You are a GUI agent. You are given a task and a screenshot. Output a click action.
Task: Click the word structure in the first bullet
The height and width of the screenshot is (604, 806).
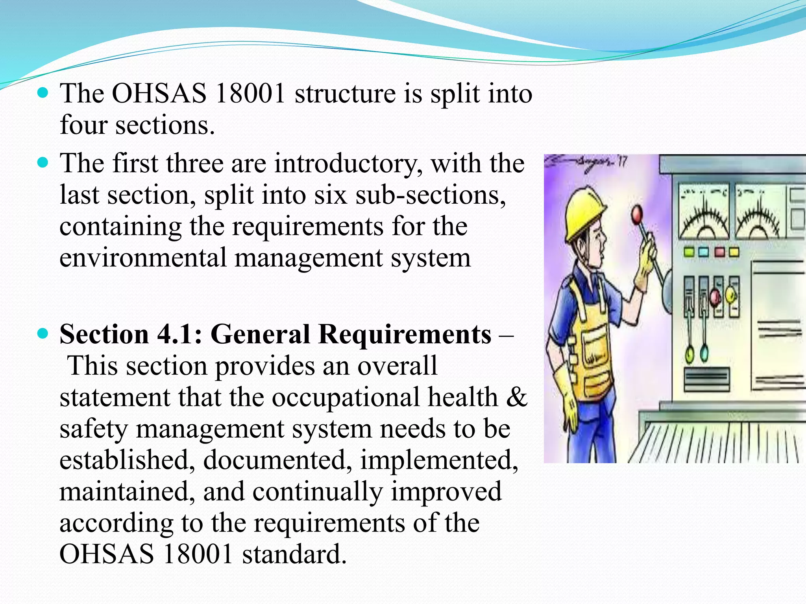tap(345, 94)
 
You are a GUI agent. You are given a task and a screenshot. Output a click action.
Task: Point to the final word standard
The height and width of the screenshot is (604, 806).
tap(294, 554)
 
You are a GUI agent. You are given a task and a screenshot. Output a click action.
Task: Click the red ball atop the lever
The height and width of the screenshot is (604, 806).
tap(636, 214)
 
